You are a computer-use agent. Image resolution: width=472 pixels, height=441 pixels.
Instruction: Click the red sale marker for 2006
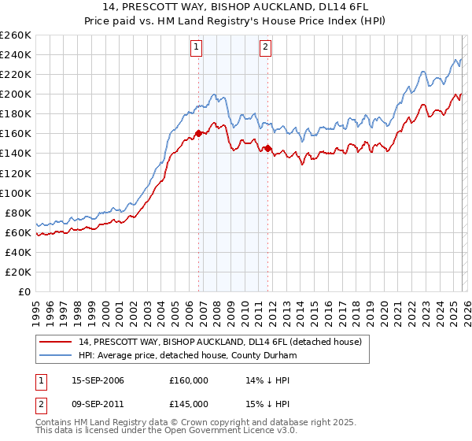[198, 133]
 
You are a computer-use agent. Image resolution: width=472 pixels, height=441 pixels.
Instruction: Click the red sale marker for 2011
[267, 148]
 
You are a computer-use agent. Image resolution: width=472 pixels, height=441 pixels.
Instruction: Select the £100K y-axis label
[16, 193]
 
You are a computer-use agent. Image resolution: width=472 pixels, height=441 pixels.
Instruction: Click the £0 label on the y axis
[23, 291]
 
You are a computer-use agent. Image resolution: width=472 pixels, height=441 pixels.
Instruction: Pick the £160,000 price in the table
[188, 380]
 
